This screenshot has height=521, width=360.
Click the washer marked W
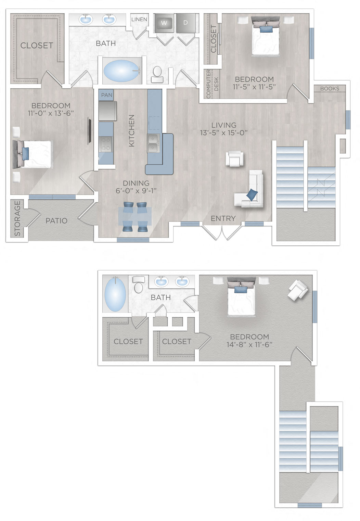pos(164,23)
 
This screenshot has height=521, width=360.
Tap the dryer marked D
pos(186,23)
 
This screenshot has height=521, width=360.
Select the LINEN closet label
pos(139,20)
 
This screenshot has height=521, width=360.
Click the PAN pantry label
pos(106,95)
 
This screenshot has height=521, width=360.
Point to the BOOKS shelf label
pos(330,89)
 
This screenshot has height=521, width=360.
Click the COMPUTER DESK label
pos(212,84)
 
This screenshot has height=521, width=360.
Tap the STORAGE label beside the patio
pos(17,218)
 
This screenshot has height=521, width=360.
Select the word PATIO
pos(56,221)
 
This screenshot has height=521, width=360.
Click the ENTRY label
pos(223,218)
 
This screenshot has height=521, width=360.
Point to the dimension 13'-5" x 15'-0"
pos(224,133)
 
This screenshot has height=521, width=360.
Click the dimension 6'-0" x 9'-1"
pos(136,191)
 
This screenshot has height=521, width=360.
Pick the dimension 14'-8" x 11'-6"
pos(249,345)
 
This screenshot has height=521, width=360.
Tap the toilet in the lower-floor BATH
pos(157,73)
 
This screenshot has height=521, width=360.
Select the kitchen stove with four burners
pos(106,144)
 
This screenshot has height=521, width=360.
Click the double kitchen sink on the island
pos(153,143)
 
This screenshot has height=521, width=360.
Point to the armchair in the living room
pos(235,159)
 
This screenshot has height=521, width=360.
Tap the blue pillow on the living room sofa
pos(252,194)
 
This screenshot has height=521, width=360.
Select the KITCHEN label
pos(131,131)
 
